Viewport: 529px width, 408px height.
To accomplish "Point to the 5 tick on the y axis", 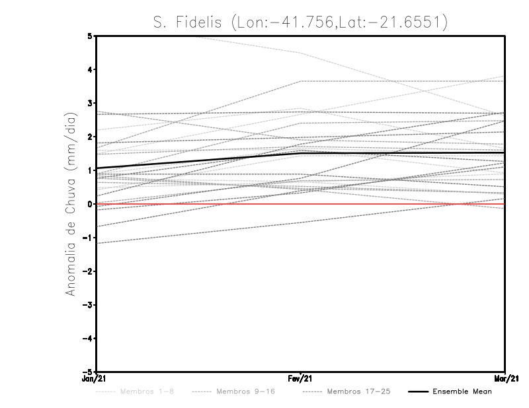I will click(x=89, y=36).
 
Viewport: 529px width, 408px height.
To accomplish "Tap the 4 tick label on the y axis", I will click(x=89, y=69).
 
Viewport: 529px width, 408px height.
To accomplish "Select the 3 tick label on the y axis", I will click(x=89, y=103).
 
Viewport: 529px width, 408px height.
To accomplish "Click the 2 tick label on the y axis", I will click(x=89, y=137).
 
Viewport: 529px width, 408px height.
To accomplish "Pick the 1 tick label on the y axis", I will click(x=89, y=170).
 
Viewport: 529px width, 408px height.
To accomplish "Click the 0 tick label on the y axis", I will click(x=89, y=204).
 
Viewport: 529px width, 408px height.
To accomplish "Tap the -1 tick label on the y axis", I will click(x=88, y=238).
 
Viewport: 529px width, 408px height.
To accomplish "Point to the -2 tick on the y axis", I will click(x=88, y=271).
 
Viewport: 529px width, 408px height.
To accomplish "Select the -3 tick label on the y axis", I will click(x=88, y=305).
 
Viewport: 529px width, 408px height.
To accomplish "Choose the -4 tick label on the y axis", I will click(x=88, y=339).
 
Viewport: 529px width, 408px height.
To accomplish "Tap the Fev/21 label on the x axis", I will click(x=301, y=379).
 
